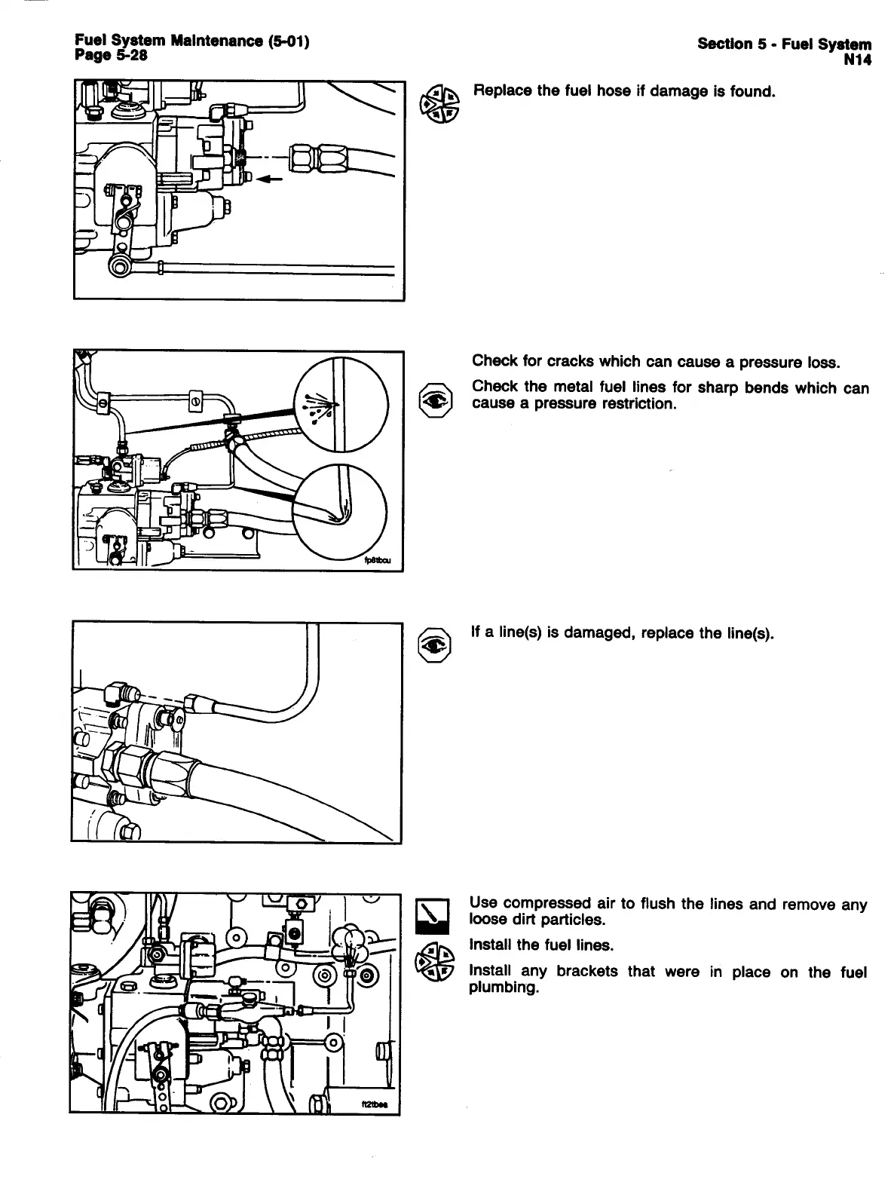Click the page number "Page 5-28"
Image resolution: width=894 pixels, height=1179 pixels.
(111, 56)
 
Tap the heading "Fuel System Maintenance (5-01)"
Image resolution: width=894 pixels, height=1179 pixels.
(192, 42)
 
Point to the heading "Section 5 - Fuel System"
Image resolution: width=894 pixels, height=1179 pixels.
(784, 44)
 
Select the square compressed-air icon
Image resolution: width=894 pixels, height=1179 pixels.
(433, 913)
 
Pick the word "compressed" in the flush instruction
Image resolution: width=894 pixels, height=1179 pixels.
(537, 903)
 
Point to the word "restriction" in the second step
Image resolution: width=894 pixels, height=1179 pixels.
(635, 404)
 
